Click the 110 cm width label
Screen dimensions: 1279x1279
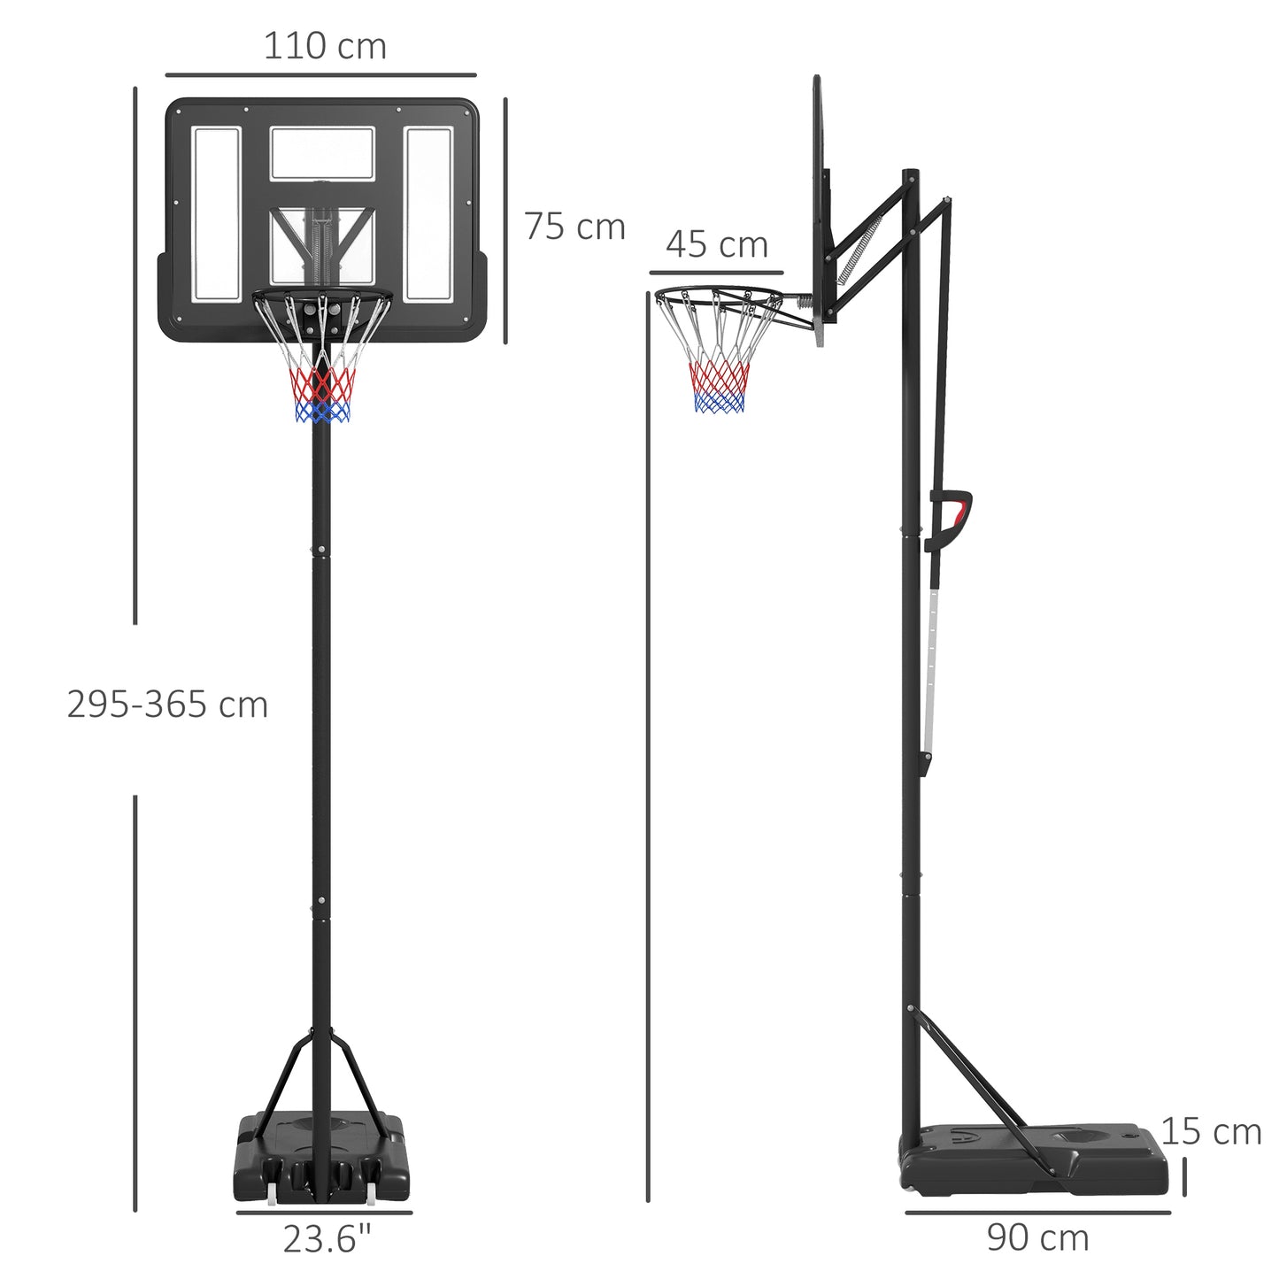pyautogui.click(x=325, y=46)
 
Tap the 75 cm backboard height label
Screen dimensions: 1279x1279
pyautogui.click(x=574, y=227)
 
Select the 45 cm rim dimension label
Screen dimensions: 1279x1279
pyautogui.click(x=717, y=244)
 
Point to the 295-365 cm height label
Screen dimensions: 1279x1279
pyautogui.click(x=167, y=705)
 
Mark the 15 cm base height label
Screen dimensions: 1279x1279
pyautogui.click(x=1211, y=1131)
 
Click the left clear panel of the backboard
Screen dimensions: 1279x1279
pyautogui.click(x=217, y=212)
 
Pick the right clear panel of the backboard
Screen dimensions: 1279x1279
pyautogui.click(x=429, y=212)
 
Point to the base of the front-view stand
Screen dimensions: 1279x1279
pyautogui.click(x=323, y=1151)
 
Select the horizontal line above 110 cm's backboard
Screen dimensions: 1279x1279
pyautogui.click(x=320, y=75)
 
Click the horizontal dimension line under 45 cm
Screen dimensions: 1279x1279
pyautogui.click(x=716, y=273)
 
